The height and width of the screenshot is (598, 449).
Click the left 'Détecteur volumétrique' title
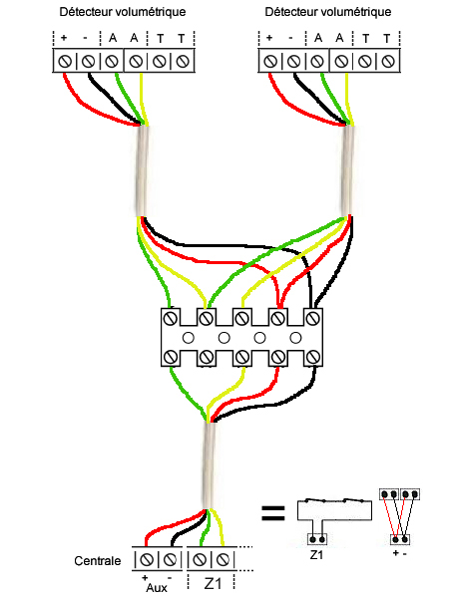[x=123, y=12]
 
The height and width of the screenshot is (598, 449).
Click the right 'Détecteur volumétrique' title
[x=328, y=12]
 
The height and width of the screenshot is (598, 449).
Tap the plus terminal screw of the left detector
[x=65, y=61]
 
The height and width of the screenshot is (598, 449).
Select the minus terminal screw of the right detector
[x=293, y=61]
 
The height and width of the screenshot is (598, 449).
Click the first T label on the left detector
[x=161, y=39]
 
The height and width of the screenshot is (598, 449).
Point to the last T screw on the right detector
[x=388, y=61]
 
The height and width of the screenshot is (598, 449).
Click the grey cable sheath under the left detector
[x=142, y=170]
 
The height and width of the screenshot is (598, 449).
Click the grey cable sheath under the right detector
[x=348, y=170]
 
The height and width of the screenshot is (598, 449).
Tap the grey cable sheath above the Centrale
[x=209, y=465]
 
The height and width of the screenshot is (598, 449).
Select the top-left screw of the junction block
[x=171, y=318]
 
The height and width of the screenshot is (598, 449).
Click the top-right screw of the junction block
[x=313, y=318]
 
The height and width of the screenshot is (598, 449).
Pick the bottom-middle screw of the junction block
[x=242, y=358]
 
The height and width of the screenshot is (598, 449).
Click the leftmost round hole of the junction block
[x=189, y=338]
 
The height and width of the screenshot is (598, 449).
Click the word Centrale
[x=98, y=560]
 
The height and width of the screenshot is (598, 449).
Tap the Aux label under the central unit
[x=157, y=588]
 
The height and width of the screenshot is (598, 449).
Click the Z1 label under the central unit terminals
[x=213, y=583]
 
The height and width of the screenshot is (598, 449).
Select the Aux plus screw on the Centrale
[x=147, y=560]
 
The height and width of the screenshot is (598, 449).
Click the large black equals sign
[x=273, y=513]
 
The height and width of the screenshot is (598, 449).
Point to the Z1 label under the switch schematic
[x=316, y=555]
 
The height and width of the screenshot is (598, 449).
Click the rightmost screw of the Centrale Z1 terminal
[x=223, y=560]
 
